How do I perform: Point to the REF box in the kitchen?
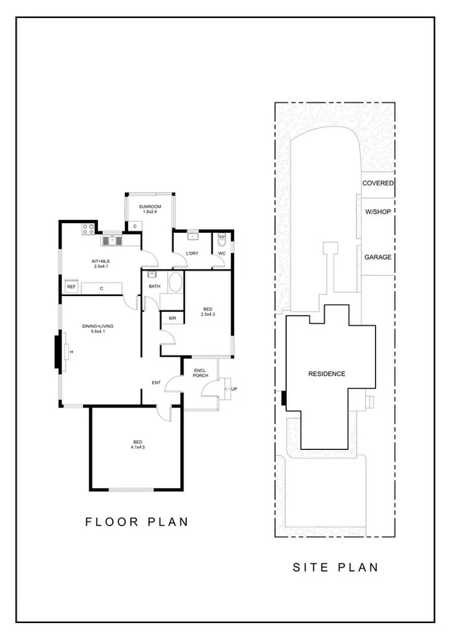(x=72, y=287)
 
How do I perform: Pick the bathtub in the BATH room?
(x=175, y=284)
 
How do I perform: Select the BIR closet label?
(x=172, y=319)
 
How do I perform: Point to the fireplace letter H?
(x=71, y=352)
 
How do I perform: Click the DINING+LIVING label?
(x=97, y=326)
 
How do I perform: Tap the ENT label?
(x=156, y=383)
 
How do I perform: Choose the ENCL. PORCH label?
(x=201, y=372)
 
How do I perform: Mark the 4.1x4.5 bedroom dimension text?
(x=137, y=447)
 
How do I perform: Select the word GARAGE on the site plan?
(x=378, y=257)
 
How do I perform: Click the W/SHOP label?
(x=378, y=212)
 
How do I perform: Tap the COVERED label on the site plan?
(x=378, y=183)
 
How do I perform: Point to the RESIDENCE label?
(x=327, y=374)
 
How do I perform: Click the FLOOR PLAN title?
(x=136, y=521)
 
